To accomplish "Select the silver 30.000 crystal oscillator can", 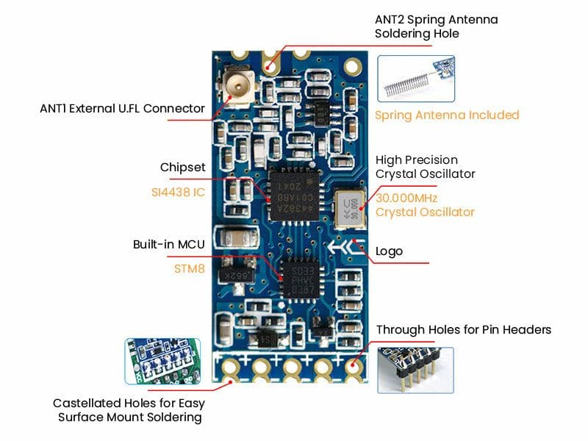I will click(x=351, y=207).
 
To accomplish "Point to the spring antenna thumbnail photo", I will click(x=415, y=79).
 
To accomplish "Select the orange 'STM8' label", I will click(x=189, y=269).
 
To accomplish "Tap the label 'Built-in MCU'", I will click(x=169, y=244).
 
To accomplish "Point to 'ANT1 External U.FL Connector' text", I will click(x=122, y=109).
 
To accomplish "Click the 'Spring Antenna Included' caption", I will click(x=447, y=115).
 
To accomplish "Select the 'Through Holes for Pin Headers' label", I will click(x=463, y=329).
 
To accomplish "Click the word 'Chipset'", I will click(x=182, y=168).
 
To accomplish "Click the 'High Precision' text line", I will click(x=417, y=160).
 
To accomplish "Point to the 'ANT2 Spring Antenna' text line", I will click(x=436, y=20).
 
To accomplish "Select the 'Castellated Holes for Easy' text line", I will click(x=129, y=404).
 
